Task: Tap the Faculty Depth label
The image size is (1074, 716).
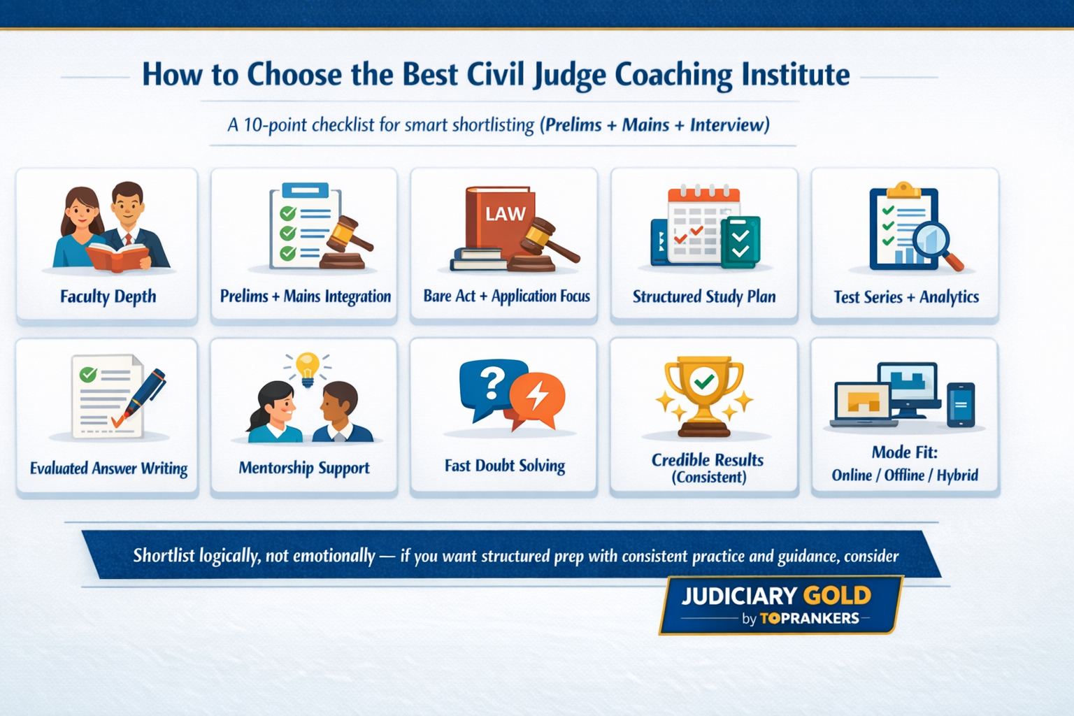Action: (x=108, y=296)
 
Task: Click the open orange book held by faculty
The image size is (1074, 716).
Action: (x=117, y=256)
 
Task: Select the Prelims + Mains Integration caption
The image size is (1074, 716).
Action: (x=305, y=296)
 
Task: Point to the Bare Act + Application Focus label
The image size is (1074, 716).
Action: (x=506, y=296)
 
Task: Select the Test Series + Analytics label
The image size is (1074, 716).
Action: (x=905, y=297)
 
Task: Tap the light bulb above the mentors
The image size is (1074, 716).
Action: (x=307, y=366)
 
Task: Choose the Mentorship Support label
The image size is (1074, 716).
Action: (x=304, y=468)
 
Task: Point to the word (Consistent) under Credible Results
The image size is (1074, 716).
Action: (x=708, y=478)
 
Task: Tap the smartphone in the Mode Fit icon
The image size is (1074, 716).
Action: (x=960, y=404)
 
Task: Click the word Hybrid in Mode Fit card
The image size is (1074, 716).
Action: (x=957, y=475)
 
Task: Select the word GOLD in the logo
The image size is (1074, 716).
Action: (x=836, y=596)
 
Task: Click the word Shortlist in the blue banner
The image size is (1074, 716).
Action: (x=164, y=556)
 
